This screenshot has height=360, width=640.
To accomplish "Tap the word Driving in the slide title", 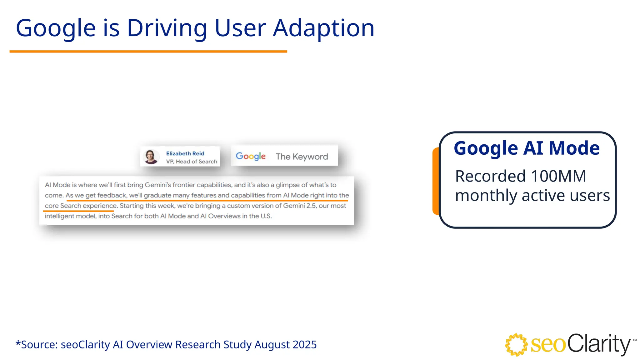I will click(167, 28).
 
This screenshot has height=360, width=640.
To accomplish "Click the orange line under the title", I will click(148, 51).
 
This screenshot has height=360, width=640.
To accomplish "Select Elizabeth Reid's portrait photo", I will click(151, 157).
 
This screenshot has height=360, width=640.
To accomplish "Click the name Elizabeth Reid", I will click(185, 153).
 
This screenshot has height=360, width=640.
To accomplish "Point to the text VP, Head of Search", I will click(192, 162).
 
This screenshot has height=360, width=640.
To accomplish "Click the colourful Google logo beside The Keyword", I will click(251, 156).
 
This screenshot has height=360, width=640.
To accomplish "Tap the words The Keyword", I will click(302, 157).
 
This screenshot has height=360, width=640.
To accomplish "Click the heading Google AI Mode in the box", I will click(527, 148).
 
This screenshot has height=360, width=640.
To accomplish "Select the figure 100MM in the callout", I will click(558, 176).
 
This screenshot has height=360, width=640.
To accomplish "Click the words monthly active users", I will click(532, 196).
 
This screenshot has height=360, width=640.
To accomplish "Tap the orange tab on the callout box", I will click(436, 181).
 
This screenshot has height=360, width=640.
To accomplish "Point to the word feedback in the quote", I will click(112, 195).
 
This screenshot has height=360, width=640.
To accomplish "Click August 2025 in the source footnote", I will click(285, 344).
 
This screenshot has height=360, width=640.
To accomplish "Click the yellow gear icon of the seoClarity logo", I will click(516, 345).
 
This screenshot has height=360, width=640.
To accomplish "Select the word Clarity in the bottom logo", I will click(598, 344).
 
